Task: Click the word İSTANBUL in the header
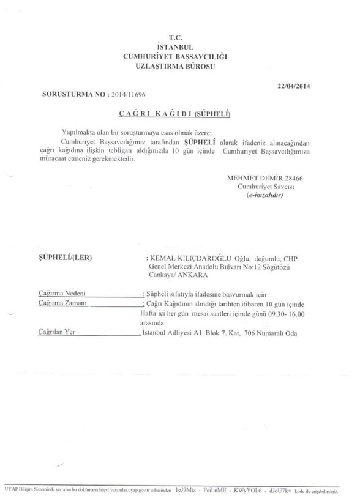(x=176, y=47)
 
